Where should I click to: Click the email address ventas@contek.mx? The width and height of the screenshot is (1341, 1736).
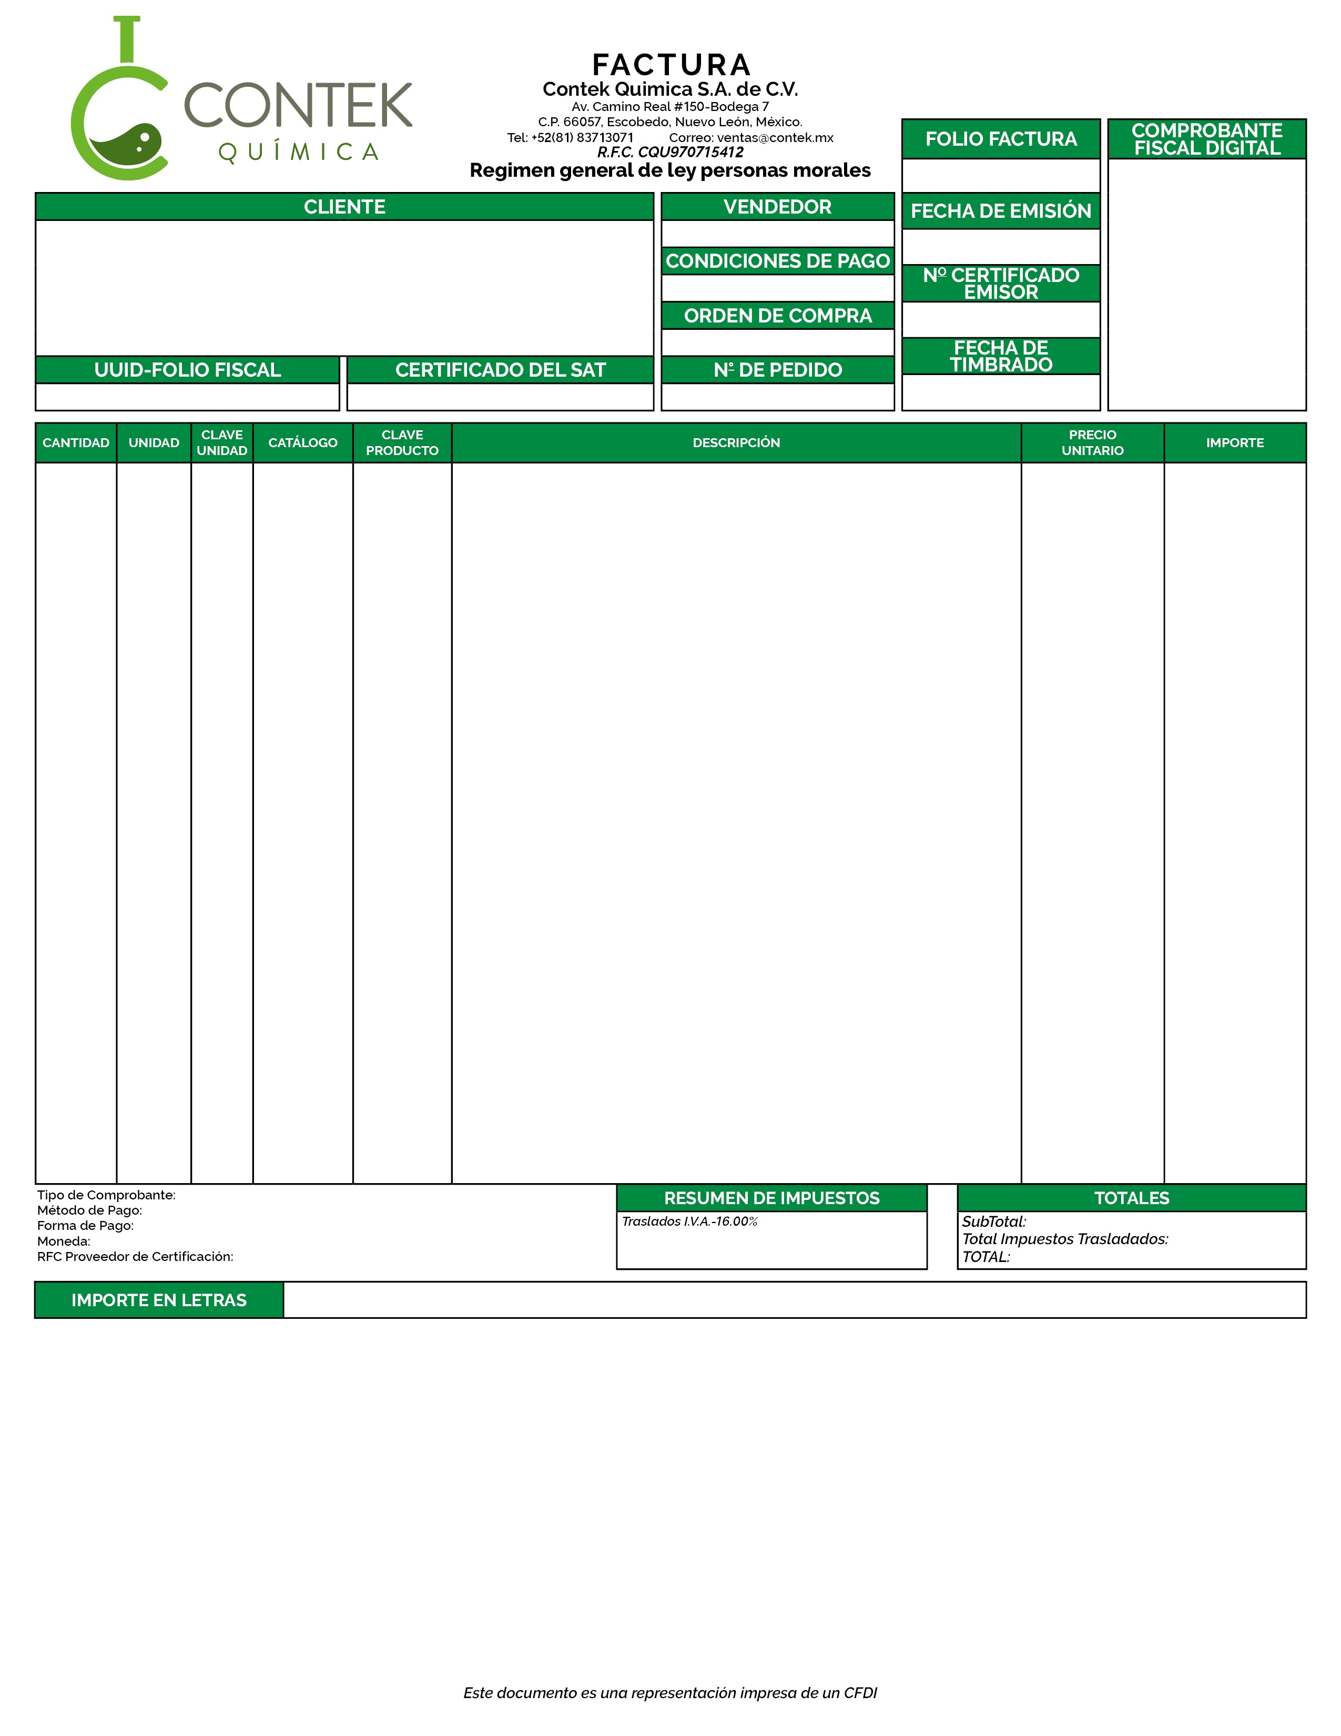click(775, 137)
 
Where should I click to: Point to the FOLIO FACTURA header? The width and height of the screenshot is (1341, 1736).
click(1000, 139)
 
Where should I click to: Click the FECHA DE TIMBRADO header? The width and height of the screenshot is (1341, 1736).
click(1000, 356)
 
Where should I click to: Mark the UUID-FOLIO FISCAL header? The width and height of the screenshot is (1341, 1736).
click(188, 370)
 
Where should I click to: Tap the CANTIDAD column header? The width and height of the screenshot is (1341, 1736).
click(76, 443)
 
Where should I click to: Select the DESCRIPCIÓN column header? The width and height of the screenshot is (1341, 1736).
click(736, 443)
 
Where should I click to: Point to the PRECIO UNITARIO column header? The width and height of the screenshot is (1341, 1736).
click(1092, 443)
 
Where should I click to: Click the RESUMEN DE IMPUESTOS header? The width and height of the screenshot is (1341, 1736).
click(771, 1198)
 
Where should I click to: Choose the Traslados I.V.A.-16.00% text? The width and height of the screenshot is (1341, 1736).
click(689, 1221)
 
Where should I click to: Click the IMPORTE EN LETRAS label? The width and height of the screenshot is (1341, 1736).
click(159, 1299)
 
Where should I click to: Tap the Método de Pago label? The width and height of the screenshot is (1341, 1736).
click(90, 1210)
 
